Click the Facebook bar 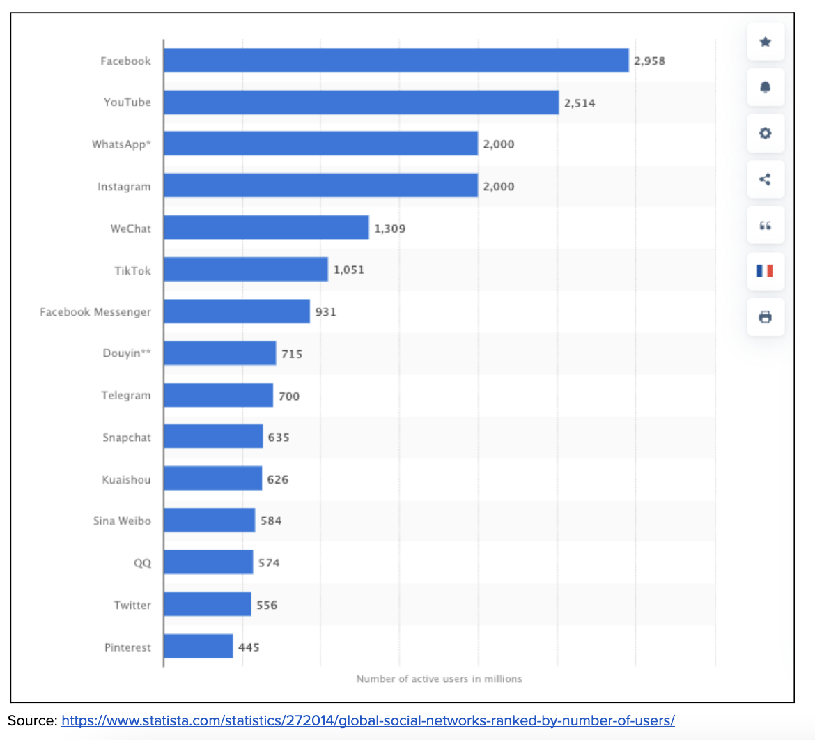[396, 61]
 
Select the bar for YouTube [361, 102]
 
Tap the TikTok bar [245, 270]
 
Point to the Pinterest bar [198, 647]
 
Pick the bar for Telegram [218, 396]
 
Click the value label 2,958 [649, 61]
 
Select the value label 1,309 [389, 229]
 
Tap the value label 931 [325, 312]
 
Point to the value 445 [249, 647]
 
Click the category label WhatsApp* [121, 145]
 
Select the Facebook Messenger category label [95, 312]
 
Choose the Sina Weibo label [122, 521]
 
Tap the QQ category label [142, 563]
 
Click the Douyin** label [127, 354]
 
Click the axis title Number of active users [439, 679]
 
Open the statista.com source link [368, 720]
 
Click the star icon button [765, 42]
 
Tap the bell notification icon [765, 87]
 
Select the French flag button [765, 270]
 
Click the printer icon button [765, 317]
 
